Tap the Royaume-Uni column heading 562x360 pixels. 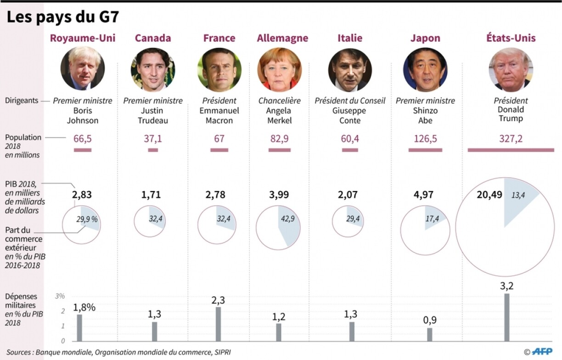[x=83, y=38]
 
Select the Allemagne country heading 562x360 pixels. [x=282, y=38]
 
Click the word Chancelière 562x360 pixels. [x=279, y=101]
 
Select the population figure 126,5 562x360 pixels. [x=425, y=139]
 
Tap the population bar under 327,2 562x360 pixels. [x=511, y=150]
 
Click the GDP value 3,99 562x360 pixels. [x=279, y=195]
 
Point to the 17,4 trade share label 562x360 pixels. [x=432, y=219]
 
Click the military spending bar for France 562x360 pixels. [x=219, y=324]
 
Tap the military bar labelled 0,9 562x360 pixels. [x=430, y=334]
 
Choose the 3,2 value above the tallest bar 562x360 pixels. [x=507, y=287]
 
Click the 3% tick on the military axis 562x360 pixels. [x=60, y=296]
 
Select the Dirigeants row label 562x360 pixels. [x=22, y=101]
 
